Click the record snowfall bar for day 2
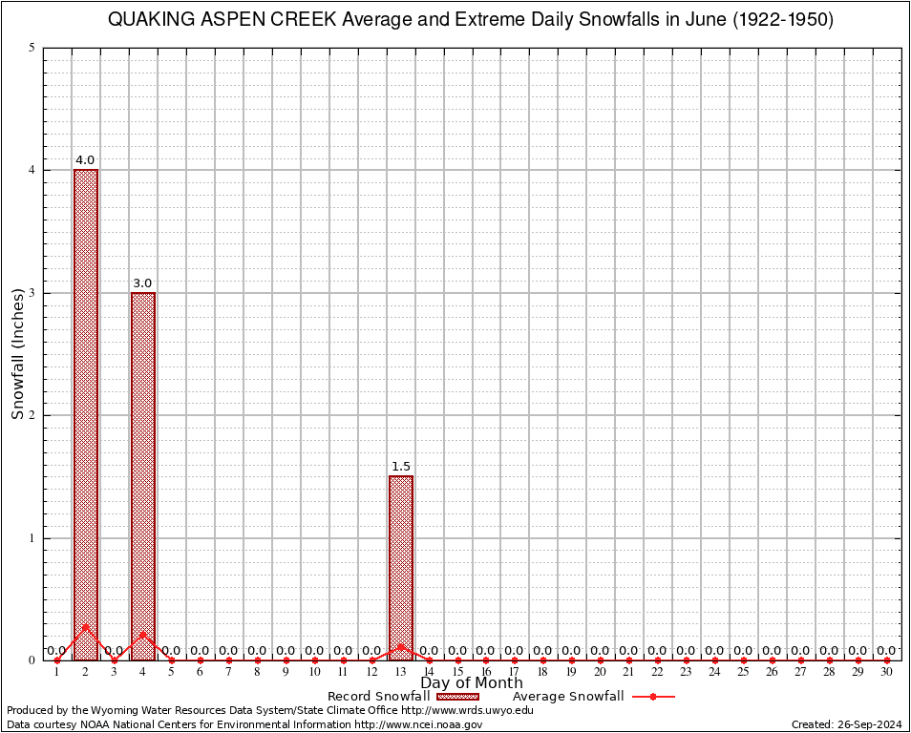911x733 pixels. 86,414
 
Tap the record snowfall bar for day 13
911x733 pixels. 401,567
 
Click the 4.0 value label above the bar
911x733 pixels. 86,160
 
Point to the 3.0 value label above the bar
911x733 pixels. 143,283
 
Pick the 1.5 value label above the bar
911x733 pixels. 401,467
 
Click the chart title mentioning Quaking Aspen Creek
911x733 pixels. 471,20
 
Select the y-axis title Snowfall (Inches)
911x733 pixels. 17,354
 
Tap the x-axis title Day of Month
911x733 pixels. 472,682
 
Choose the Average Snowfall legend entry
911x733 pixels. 592,697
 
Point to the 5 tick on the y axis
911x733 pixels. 32,48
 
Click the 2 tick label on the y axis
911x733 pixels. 32,415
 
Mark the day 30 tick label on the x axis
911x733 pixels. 886,672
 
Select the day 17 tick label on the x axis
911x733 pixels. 515,672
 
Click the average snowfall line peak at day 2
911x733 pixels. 86,626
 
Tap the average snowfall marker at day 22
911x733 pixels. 658,660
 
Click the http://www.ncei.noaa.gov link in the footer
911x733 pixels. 418,724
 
